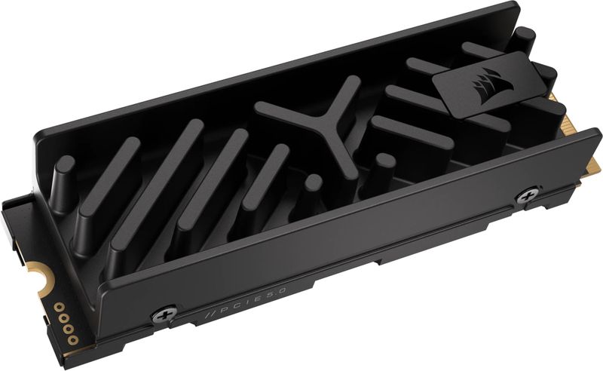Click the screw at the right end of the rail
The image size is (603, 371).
[525, 197]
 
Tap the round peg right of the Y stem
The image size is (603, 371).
[384, 161]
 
